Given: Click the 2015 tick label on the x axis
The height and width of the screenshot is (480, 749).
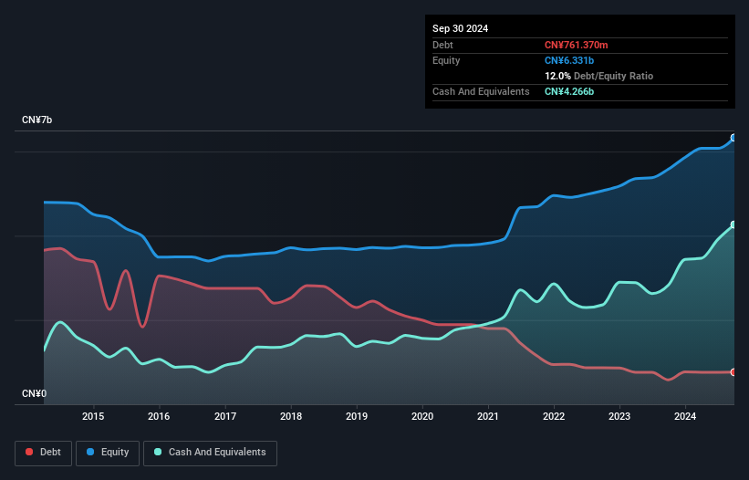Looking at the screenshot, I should (x=93, y=417).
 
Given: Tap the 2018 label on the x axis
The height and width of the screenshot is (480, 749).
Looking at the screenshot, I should (x=290, y=417).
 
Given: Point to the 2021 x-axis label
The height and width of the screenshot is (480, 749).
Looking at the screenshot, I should (x=488, y=417).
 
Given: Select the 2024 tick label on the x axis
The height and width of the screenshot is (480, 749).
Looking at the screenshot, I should (x=685, y=417).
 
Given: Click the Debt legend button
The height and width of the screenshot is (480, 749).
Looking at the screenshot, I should (x=44, y=452).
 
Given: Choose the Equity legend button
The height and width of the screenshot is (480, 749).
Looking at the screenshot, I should (x=108, y=452).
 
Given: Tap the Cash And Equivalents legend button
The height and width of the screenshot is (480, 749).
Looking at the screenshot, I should (x=210, y=452).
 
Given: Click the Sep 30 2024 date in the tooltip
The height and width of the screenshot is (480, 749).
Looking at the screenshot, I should (x=461, y=28).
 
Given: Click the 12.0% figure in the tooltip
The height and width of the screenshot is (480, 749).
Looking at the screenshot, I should (x=557, y=76).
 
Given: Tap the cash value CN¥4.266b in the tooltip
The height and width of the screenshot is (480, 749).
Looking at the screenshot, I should (x=571, y=91).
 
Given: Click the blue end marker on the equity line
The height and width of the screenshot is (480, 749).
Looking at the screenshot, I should (x=733, y=138).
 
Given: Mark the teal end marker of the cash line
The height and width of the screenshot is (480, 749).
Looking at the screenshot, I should (x=733, y=224).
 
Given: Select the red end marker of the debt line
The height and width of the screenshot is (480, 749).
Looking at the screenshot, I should (x=733, y=372).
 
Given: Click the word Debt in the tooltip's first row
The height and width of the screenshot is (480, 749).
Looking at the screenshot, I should (x=442, y=45).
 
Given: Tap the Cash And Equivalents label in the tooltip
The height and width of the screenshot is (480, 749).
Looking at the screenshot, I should (x=481, y=91).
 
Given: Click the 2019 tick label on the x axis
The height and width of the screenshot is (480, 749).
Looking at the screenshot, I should (x=357, y=417).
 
